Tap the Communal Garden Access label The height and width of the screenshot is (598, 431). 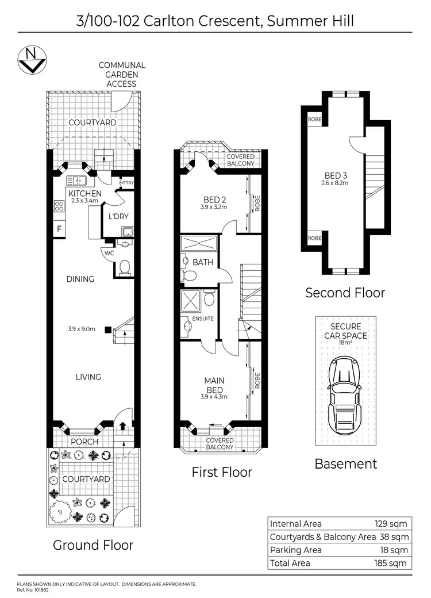(x=121, y=75)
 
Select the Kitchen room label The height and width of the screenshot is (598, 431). (x=85, y=193)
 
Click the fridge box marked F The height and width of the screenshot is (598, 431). (x=59, y=229)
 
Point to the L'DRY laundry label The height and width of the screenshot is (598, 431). (x=118, y=216)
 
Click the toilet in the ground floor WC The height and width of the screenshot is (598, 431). (x=124, y=267)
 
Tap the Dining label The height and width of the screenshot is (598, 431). (x=80, y=279)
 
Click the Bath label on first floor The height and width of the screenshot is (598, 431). (x=203, y=262)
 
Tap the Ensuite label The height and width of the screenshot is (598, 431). (x=203, y=318)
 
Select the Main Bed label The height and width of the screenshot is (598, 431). (x=214, y=385)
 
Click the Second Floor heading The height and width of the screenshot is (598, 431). (x=345, y=293)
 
